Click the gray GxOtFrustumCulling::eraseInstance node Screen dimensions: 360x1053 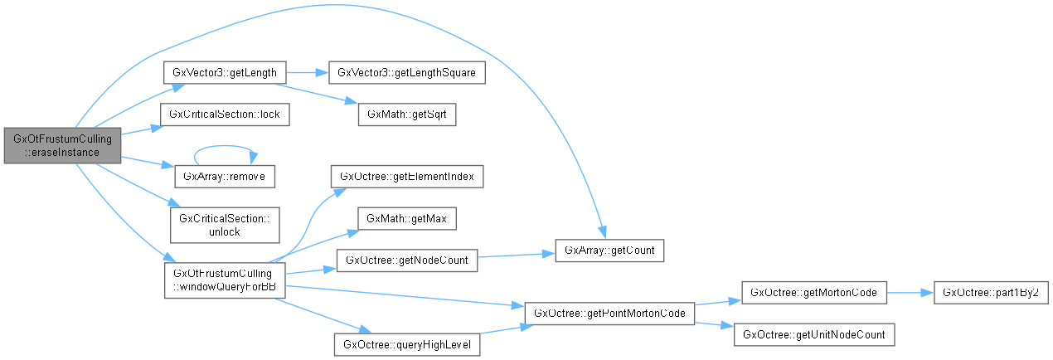tap(63, 146)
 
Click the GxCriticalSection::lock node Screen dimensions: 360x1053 tap(224, 114)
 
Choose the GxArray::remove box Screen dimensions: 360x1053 tap(224, 177)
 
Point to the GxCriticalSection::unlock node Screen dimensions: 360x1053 tap(224, 225)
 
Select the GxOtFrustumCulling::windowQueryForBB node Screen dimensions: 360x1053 tap(226, 280)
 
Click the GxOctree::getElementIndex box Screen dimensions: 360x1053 tap(406, 177)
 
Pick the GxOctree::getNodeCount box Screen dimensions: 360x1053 tap(406, 260)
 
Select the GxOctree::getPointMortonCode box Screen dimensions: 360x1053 tap(609, 313)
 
